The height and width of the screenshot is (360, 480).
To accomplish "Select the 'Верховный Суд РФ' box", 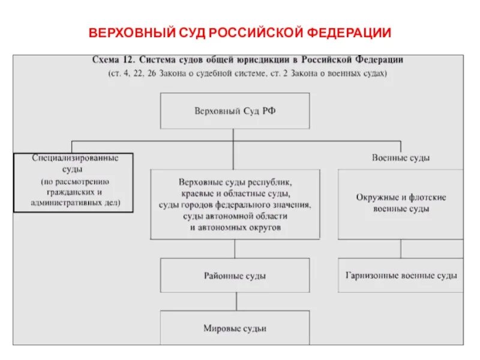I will [x=235, y=111].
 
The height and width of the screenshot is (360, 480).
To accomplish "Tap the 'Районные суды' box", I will [x=235, y=276].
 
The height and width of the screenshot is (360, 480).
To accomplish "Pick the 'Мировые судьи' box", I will [x=235, y=328].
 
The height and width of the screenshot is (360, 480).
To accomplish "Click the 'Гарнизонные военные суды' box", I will [x=401, y=275].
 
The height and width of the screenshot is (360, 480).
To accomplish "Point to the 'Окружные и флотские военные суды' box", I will [x=401, y=203].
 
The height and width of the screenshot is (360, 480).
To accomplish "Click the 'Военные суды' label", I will [x=401, y=158].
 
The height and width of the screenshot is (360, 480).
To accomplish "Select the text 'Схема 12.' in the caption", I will [x=114, y=60].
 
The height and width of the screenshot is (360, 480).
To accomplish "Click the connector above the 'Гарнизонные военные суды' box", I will [x=400, y=249].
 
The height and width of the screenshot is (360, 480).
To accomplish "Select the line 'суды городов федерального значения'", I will [x=235, y=205].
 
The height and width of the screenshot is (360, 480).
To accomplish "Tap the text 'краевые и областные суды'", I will [x=235, y=193].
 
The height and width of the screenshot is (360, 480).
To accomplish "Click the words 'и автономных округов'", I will [x=235, y=228].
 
